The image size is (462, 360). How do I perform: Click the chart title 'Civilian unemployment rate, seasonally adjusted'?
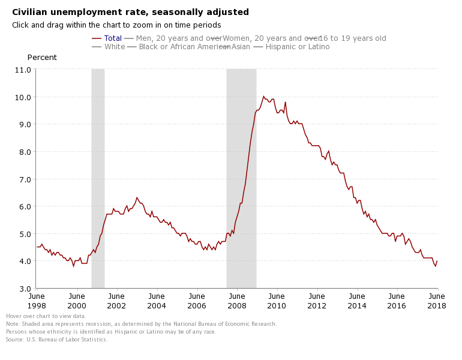130,12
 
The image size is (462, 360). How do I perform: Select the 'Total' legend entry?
113,38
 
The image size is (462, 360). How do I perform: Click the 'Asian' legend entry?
241,47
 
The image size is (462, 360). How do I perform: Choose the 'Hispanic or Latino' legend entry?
297,47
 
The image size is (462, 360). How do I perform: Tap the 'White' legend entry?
115,47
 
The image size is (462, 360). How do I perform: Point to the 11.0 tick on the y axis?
22,70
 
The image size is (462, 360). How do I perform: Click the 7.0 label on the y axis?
22,179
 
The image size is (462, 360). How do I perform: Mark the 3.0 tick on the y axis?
22,289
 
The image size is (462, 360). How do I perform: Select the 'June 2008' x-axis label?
237,301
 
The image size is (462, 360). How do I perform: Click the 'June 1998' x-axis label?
37,301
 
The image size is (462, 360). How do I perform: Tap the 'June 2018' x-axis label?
437,301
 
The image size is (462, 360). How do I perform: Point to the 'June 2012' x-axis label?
317,301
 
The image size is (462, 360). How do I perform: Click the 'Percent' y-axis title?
42,58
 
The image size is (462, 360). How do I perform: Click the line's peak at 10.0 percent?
263,96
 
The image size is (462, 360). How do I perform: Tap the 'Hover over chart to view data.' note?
46,316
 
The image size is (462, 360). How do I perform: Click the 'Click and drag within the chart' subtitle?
116,25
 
